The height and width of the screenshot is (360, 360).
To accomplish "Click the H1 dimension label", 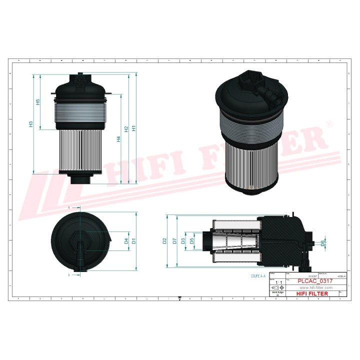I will [x=133, y=129].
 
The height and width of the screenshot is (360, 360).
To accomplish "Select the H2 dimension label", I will [x=126, y=129].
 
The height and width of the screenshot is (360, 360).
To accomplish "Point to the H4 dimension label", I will [x=118, y=139].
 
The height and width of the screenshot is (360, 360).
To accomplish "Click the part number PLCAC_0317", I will [x=315, y=281].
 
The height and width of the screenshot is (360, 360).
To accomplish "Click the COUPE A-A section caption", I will [x=259, y=276].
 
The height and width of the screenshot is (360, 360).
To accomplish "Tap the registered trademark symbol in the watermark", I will [x=329, y=123].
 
